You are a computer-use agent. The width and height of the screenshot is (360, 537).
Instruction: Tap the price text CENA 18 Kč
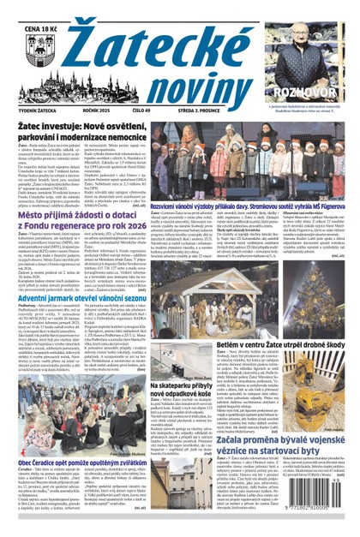31,10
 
